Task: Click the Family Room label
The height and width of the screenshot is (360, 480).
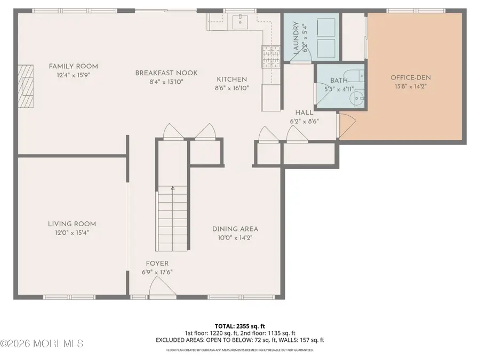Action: [73, 66]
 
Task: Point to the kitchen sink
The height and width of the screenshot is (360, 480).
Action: [240, 23]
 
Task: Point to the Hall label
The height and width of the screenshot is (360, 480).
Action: [304, 113]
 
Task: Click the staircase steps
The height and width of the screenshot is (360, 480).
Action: [172, 221]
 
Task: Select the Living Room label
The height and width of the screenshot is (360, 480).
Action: [72, 224]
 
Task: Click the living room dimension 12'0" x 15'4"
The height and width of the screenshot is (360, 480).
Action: [72, 233]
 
